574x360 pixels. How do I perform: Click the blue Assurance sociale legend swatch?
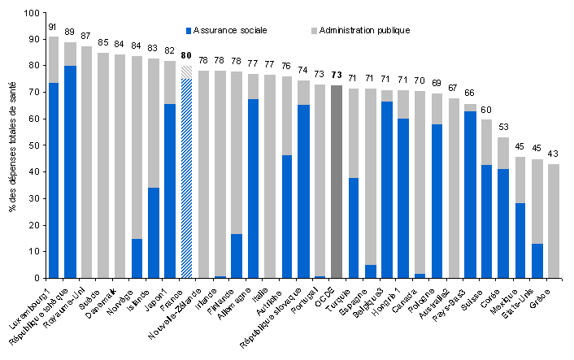coord(189,30)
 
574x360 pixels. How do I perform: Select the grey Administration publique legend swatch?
coord(313,30)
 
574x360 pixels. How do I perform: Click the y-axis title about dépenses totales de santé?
coord(11,146)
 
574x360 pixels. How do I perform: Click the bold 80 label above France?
coord(187,56)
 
